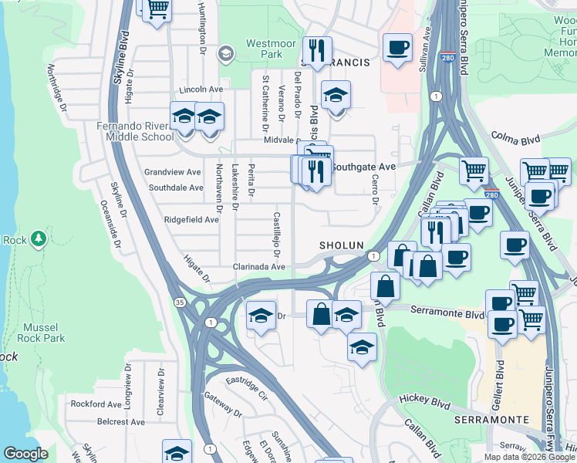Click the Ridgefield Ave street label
pos(191,220)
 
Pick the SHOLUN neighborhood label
pos(341,245)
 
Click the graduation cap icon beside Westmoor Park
pos(225,53)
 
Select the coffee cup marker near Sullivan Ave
pos(397,48)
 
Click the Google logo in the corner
pos(25,454)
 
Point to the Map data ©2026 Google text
pos(529,457)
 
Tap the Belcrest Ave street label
pos(121,422)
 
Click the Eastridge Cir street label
pos(246,387)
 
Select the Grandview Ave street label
pos(173,172)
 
